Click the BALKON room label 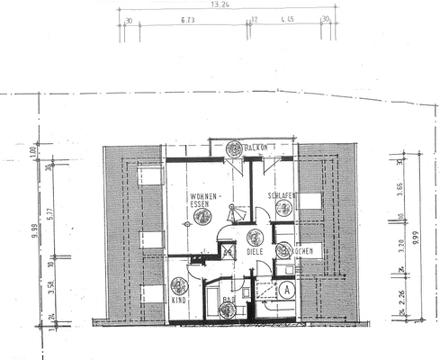click(258, 147)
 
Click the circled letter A click(285, 290)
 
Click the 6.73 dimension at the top click(188, 18)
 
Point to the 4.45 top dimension click(287, 18)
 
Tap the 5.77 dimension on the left click(50, 212)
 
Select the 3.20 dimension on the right click(401, 243)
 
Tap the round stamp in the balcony click(233, 148)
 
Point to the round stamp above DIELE click(254, 237)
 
